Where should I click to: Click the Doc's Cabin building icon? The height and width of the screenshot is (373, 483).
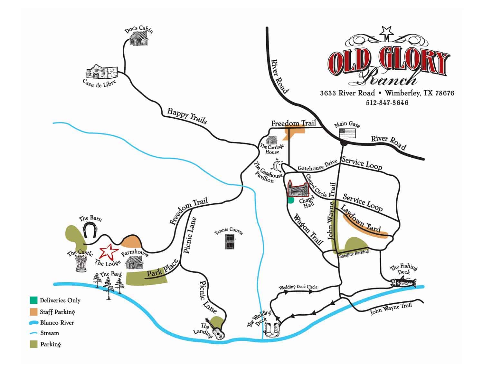(138, 39)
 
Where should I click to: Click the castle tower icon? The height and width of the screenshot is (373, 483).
(81, 263)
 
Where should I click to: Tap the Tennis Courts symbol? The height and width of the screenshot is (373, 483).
(230, 241)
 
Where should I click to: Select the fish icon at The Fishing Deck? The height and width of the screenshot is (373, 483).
(403, 283)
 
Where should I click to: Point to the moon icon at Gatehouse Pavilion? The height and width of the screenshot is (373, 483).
(277, 166)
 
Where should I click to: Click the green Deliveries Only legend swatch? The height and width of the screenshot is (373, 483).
(33, 300)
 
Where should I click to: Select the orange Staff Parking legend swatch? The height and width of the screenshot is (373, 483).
(33, 312)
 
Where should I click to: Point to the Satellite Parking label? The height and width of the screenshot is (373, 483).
(354, 252)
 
